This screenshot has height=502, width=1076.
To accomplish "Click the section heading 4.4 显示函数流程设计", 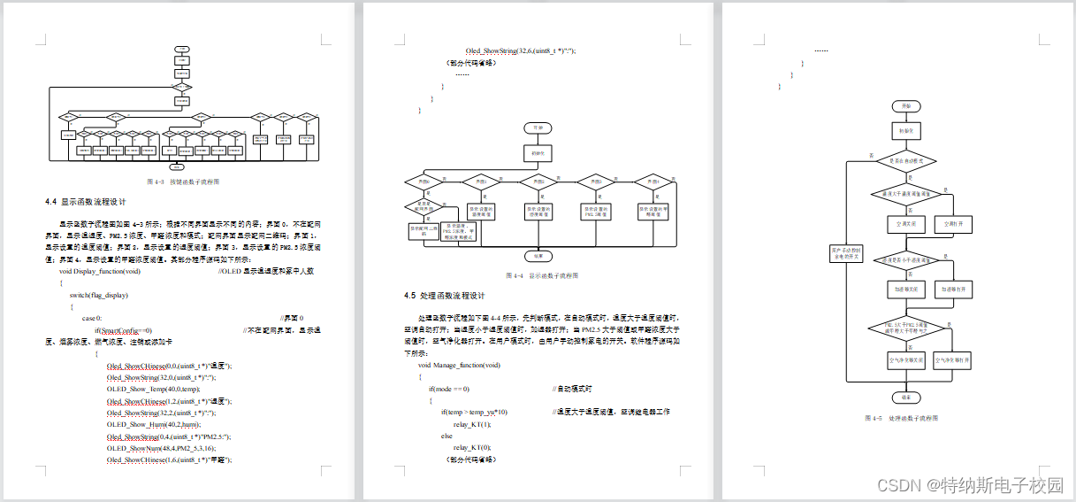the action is point(89,202).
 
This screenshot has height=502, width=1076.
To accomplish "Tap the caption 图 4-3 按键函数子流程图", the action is point(182,181).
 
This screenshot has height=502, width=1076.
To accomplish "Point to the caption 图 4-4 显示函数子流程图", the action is point(540,275).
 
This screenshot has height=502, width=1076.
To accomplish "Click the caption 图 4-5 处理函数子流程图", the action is point(901,418).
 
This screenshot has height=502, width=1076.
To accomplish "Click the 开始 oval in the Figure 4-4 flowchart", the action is point(538,127).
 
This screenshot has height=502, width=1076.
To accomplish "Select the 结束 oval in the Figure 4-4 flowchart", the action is point(538,255).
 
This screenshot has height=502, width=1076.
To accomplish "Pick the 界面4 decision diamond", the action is point(654,181).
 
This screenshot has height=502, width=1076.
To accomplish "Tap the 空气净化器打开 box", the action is point(953,360).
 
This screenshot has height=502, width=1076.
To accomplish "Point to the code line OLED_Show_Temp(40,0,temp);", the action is point(154,389).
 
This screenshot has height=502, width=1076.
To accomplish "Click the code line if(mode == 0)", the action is point(449,389).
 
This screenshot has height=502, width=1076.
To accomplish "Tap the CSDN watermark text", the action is point(968,484).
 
